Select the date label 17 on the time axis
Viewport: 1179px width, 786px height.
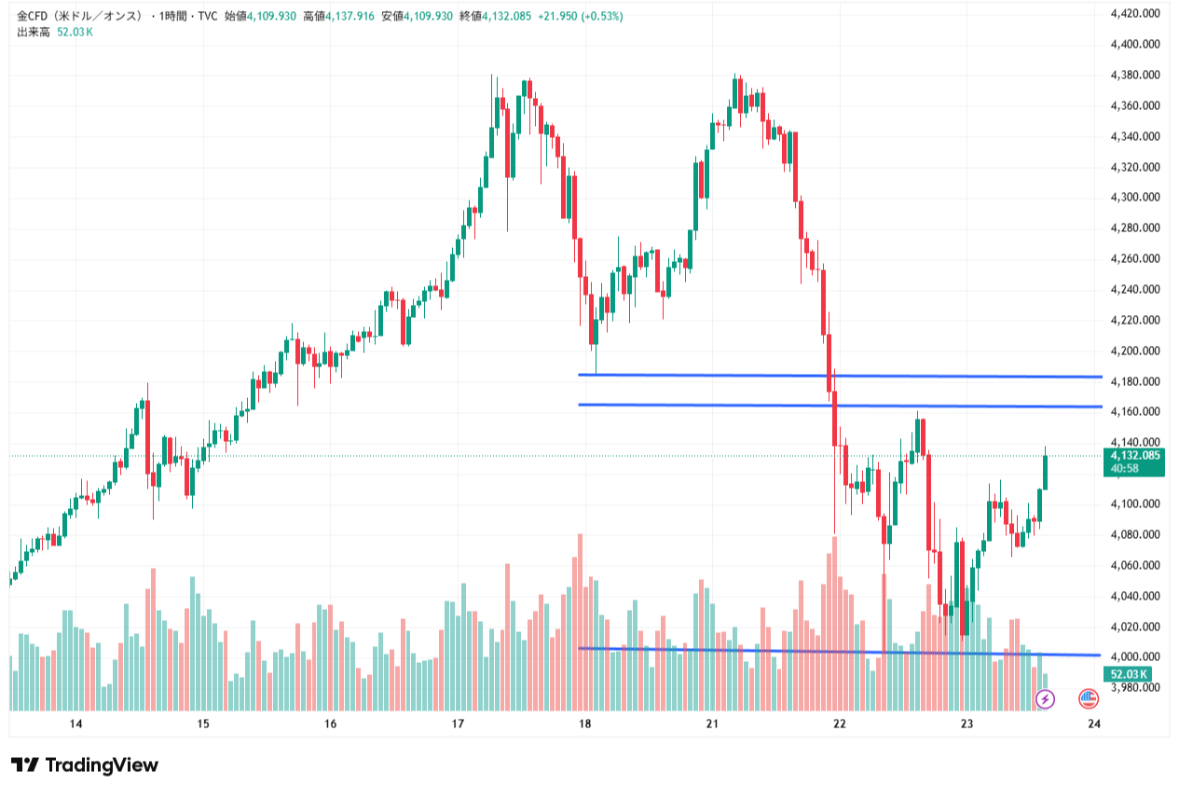coord(458,724)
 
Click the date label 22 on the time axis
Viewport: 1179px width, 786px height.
coord(840,724)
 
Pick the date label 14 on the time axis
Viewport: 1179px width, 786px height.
coord(76,724)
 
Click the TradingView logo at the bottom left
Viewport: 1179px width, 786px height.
coord(85,765)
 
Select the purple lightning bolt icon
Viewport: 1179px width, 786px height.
coord(1046,697)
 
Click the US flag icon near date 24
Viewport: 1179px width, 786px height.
coord(1088,697)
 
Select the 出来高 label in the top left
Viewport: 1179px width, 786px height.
coord(33,32)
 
